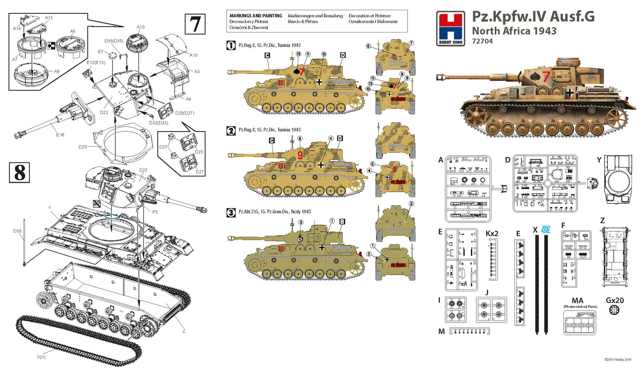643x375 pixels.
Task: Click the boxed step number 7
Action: coord(195,24)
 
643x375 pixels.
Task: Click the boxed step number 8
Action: coord(20,173)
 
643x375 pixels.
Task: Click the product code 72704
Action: coord(482,41)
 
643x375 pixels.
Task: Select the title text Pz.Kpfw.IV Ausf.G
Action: coord(533,16)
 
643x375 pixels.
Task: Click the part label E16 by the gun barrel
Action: coord(60,135)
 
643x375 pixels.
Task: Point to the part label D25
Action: coord(83,147)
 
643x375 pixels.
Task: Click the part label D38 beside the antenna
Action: coord(17,231)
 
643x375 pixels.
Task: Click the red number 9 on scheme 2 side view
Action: coord(300,155)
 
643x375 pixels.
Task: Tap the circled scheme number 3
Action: coord(231,213)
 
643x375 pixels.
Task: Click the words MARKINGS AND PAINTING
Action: coord(255,16)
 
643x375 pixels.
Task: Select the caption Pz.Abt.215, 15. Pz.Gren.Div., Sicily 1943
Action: coord(275,212)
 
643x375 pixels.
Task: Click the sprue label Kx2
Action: coord(492,234)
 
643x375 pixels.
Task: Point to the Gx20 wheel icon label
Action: coord(615,301)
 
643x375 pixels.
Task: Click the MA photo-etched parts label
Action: coord(577,301)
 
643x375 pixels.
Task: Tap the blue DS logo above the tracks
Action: coord(546,230)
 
